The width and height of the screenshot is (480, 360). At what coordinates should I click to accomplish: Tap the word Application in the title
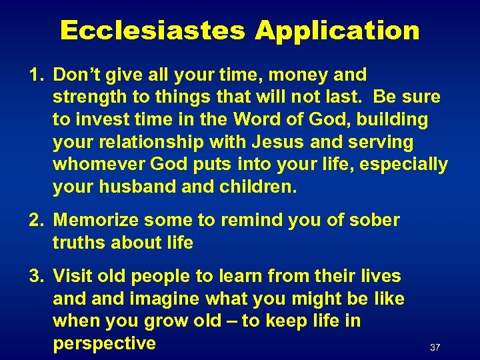point(337,31)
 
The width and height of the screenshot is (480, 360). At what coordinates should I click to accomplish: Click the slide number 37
point(435,347)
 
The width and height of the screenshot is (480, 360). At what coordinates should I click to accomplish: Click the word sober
point(375,220)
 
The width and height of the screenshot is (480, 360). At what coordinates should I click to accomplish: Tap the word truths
point(79,243)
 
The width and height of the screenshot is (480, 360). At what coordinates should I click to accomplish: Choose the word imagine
point(165,298)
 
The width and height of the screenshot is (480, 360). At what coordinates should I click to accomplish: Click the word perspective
point(104,343)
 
